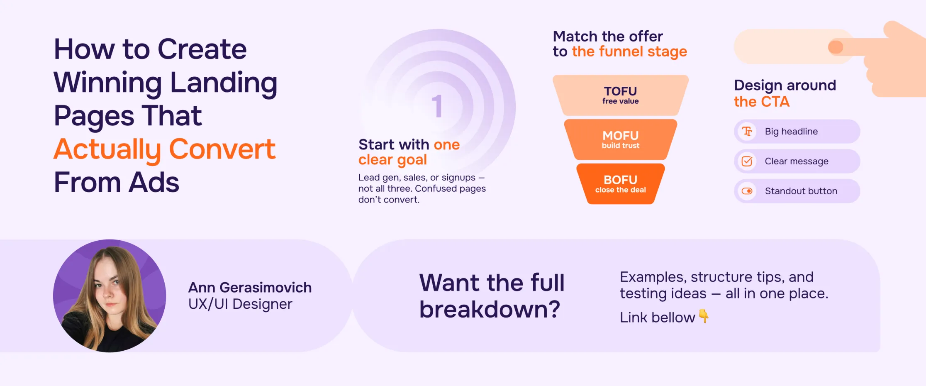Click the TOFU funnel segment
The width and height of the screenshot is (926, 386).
pos(620,95)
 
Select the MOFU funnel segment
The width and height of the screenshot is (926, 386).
pos(620,139)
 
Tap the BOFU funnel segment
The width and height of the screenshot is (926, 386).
pos(620,184)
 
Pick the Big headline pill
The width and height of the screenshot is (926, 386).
pos(797,132)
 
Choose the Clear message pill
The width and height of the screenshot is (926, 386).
pos(797,161)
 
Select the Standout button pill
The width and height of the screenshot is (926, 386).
pos(797,191)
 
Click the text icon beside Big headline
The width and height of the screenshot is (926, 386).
pos(747,132)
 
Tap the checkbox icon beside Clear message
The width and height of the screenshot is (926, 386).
pos(747,161)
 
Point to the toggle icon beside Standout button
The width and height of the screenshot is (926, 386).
pos(747,191)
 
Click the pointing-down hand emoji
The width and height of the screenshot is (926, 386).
pos(704,316)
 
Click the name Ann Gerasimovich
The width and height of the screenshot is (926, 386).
pos(250,287)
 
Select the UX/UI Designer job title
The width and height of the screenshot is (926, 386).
pos(240,304)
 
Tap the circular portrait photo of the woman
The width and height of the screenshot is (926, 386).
pos(110,296)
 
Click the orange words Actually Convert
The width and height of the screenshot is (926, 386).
pos(164,149)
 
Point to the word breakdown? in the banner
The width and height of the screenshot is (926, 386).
pos(490,310)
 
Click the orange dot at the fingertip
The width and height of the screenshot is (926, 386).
pos(836,47)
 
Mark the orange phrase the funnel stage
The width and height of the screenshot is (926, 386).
pos(629,51)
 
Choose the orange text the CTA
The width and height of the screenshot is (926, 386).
pos(761,102)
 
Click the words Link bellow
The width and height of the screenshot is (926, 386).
pos(657,318)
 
